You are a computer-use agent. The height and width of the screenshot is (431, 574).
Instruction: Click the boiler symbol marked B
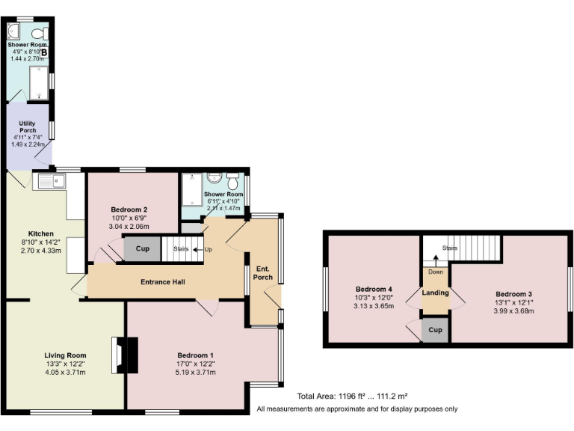[x=44, y=52]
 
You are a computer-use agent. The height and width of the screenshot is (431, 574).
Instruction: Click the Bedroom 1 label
[x=196, y=355]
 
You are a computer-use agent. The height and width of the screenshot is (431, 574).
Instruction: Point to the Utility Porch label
[x=27, y=125]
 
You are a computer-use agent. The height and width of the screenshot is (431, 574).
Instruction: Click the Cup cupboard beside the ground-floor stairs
[x=142, y=248]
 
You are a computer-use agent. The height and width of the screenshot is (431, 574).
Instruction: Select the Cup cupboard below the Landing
[x=435, y=330]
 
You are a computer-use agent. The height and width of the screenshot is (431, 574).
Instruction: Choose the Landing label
[x=435, y=293]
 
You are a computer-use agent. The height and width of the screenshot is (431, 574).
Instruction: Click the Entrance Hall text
[x=163, y=282]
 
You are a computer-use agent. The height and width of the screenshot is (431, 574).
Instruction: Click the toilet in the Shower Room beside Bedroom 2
[x=232, y=182]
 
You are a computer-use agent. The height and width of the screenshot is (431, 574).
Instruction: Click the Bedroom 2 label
[x=129, y=210]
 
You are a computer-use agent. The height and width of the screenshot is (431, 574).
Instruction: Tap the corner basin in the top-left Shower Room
[x=14, y=31]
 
